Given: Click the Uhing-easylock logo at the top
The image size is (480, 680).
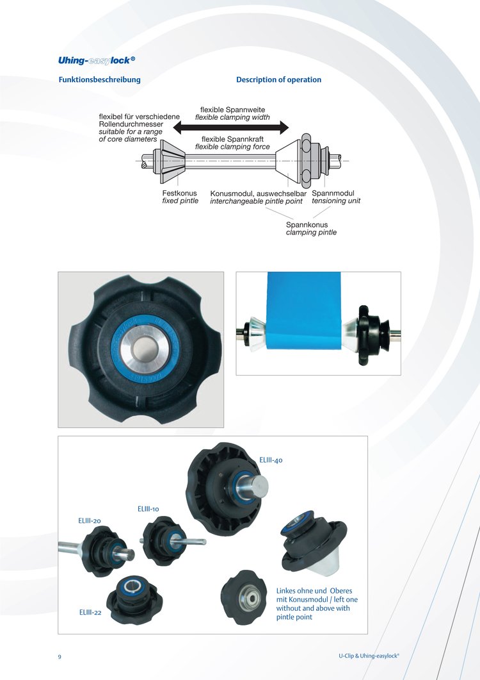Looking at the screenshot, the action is coord(97,60).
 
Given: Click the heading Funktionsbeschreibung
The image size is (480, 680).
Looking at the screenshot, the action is coord(100,79).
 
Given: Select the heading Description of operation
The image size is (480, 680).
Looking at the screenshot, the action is coord(278,79).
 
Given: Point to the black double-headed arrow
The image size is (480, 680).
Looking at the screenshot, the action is coord(231,128).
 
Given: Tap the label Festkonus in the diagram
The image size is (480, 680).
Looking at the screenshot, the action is coord(179,194).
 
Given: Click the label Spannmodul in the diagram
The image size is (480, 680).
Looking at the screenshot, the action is coord(333,194).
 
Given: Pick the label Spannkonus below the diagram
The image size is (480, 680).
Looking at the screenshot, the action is coord(307,225).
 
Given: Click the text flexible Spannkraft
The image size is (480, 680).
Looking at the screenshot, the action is coord(232,139).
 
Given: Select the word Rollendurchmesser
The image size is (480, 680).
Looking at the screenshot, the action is coord(131,124).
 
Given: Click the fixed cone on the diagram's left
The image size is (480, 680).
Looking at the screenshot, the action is coord(171,162).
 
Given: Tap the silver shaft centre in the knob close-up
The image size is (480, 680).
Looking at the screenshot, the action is coord(145,348).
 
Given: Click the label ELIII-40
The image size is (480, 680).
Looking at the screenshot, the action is coord(271,460).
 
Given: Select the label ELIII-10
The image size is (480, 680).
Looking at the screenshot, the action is coord(148,509).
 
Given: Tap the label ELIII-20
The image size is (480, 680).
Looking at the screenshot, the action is coord(90,520).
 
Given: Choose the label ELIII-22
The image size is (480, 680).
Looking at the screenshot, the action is coord(90,612).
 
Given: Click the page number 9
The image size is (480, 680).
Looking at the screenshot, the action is coord(60,656).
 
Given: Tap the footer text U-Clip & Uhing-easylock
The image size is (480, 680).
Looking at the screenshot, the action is coord(369,656).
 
